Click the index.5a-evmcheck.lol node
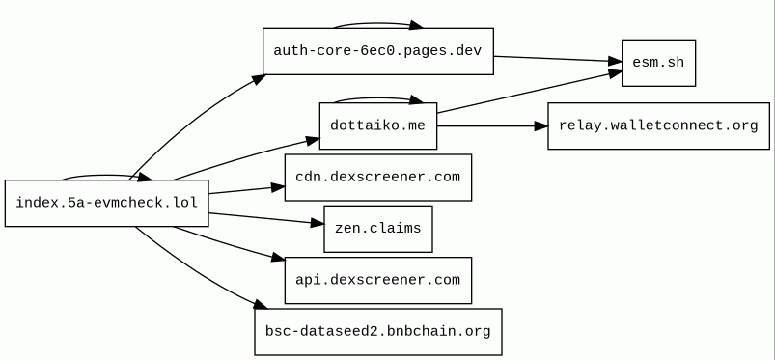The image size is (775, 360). [x=107, y=204]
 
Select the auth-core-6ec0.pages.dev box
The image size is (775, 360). [x=378, y=51]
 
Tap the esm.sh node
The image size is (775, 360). [x=658, y=63]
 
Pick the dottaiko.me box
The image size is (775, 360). [x=378, y=126]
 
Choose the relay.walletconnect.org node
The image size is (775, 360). [x=658, y=126]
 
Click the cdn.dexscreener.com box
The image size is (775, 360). [x=378, y=178]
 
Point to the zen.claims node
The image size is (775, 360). [x=378, y=229]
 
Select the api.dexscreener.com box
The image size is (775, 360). [x=378, y=281]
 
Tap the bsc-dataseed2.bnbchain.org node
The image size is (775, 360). [x=378, y=332]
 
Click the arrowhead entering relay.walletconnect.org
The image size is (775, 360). [x=541, y=126]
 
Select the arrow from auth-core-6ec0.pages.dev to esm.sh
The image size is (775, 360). [x=558, y=59]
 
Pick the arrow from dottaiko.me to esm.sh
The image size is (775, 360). [x=529, y=93]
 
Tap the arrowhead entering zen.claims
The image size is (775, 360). [x=318, y=224]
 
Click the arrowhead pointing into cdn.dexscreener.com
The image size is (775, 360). [x=278, y=187]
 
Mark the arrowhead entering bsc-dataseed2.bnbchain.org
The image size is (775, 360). [x=261, y=305]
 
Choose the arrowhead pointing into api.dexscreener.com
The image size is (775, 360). [x=279, y=258]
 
